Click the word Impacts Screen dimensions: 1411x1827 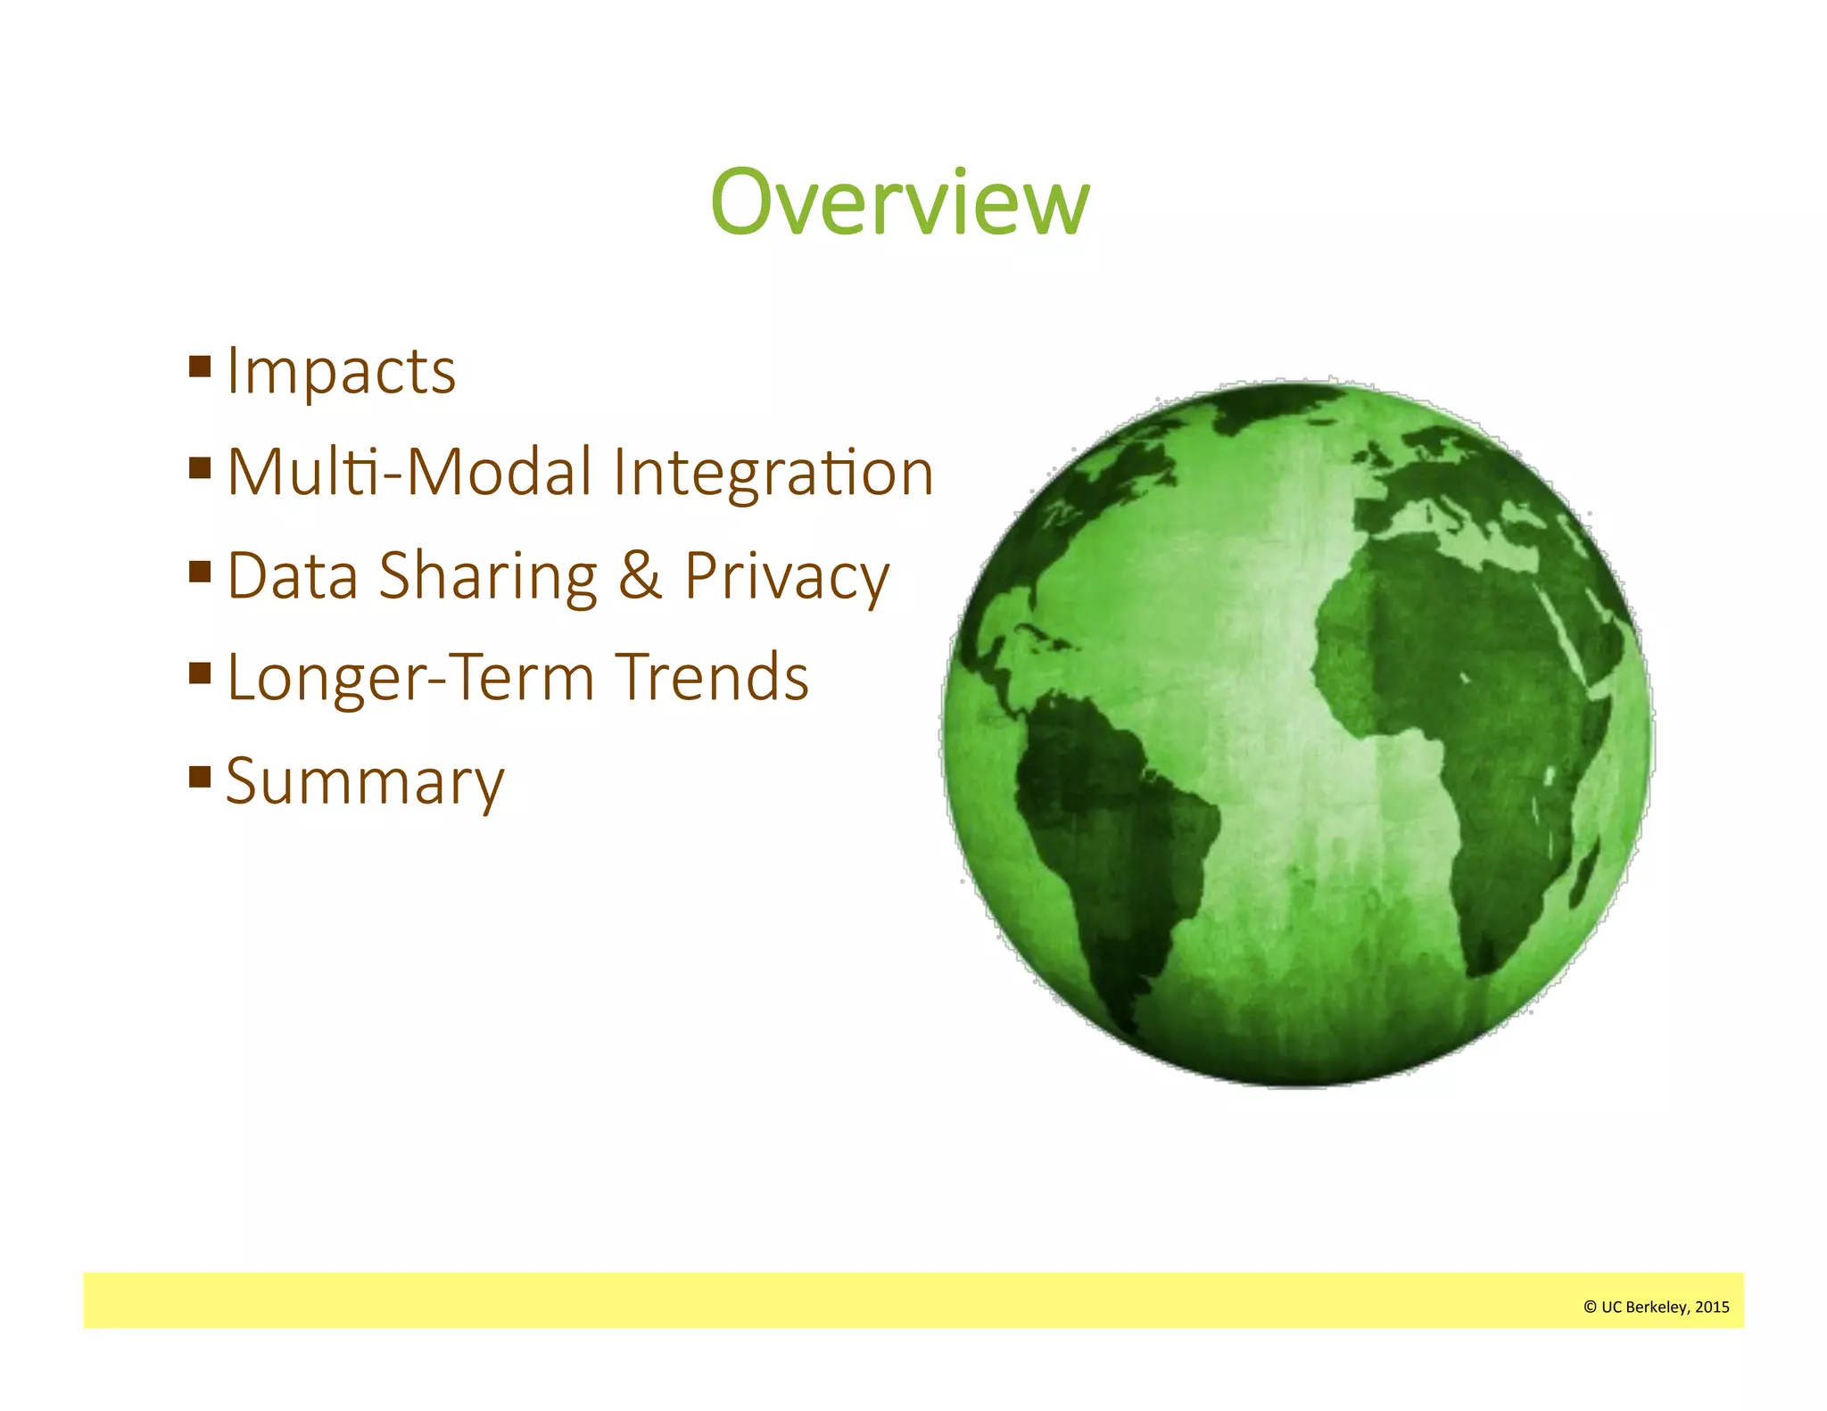point(341,371)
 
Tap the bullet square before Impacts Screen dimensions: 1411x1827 point(200,366)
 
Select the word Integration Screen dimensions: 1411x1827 point(773,473)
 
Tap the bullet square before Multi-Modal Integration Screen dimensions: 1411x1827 point(200,467)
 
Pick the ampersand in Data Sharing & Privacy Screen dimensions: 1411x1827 point(640,575)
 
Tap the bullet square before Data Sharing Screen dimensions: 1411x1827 point(200,571)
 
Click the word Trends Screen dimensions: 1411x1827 point(712,678)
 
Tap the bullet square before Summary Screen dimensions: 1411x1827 point(200,777)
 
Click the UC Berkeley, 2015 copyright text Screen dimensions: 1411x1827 point(1656,1307)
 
